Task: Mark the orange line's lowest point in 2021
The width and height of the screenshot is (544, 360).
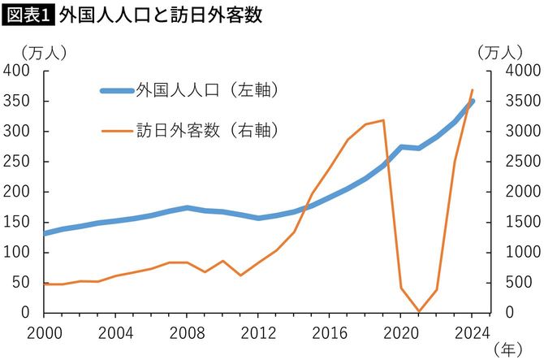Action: click(419, 311)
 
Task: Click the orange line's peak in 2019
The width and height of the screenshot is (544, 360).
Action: click(383, 120)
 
